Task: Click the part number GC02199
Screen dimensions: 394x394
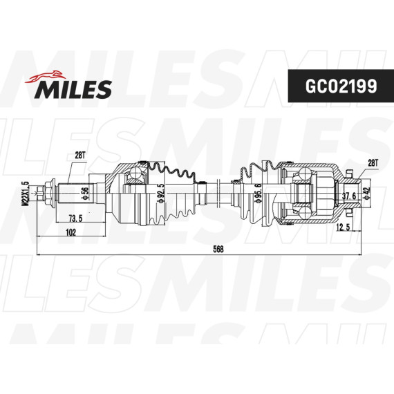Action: [x=341, y=86]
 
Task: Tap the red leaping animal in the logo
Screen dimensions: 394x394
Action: [x=45, y=77]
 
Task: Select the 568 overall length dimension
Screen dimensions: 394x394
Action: [x=218, y=249]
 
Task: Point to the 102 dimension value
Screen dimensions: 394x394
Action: [x=71, y=232]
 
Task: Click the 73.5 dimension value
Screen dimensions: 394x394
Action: [x=75, y=218]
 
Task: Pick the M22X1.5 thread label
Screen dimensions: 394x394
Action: [x=26, y=194]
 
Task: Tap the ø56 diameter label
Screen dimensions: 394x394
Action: [x=85, y=194]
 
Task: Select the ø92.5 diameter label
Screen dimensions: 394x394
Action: [x=161, y=193]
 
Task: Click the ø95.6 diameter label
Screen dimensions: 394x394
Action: [x=258, y=193]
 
